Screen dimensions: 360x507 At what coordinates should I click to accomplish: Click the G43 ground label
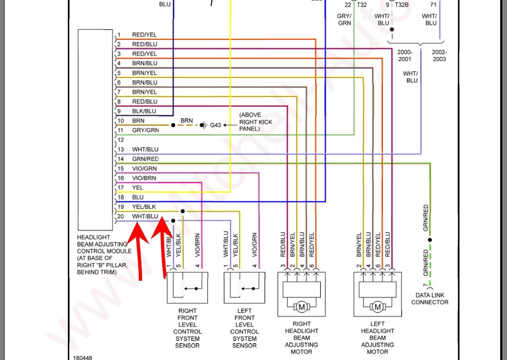(215, 125)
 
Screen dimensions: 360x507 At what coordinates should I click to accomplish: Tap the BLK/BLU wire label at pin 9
(144, 111)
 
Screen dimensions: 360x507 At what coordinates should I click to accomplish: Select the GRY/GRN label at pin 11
(146, 130)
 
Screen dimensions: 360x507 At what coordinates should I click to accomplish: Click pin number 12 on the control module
(120, 140)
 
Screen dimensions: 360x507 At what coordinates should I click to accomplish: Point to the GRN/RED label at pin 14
(146, 159)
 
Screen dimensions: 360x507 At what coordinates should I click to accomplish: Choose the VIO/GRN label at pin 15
(144, 168)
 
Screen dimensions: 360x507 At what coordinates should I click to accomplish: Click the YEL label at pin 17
(138, 188)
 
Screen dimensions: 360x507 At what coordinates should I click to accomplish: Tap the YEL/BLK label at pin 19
(144, 206)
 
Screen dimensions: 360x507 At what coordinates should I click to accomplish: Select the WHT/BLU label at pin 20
(145, 216)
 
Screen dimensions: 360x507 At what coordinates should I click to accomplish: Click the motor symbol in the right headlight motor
(302, 308)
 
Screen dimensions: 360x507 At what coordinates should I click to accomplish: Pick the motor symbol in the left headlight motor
(378, 308)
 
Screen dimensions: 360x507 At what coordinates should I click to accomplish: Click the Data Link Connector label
(430, 299)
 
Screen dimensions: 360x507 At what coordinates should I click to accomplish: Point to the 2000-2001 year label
(405, 55)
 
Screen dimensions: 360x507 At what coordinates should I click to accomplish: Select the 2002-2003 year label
(439, 55)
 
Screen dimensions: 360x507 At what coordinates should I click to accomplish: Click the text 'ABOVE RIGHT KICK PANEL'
(255, 121)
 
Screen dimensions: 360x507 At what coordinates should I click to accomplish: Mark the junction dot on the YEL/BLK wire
(183, 211)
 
